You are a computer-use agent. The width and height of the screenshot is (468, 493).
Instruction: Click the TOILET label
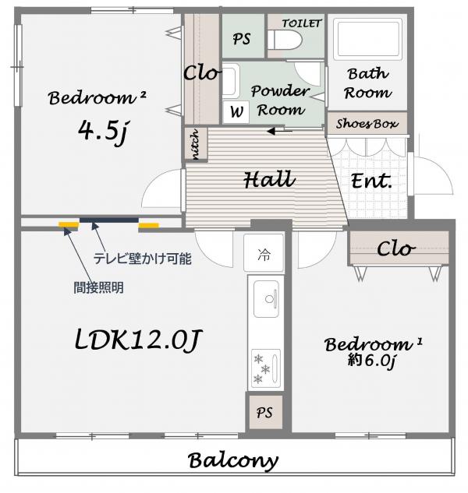tap(301, 23)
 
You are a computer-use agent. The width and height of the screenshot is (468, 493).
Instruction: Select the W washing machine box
tap(236, 111)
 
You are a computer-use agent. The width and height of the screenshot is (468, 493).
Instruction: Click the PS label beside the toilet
tap(242, 39)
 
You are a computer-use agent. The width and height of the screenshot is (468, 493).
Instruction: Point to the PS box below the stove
tap(264, 412)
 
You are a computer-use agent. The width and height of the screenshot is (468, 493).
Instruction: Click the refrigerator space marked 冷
tap(264, 253)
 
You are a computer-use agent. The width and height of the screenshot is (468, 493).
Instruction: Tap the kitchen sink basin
tap(266, 299)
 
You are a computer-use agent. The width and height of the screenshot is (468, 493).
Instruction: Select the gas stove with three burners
tap(266, 368)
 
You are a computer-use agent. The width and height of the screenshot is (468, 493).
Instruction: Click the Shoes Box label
tap(367, 124)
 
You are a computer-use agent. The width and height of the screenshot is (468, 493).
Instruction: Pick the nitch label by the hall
tap(195, 144)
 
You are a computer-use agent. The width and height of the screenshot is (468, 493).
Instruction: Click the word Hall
tap(270, 180)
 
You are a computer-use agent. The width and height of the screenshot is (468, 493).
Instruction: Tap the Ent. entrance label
tap(371, 181)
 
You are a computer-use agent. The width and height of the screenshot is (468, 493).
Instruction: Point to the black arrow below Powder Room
tap(279, 131)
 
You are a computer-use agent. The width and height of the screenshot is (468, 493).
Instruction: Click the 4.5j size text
tap(103, 132)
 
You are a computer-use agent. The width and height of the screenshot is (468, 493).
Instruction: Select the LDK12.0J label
tap(137, 340)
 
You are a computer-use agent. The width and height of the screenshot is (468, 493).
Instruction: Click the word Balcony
tap(233, 461)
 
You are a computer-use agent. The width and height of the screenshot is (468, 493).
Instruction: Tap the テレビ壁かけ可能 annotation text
tap(143, 259)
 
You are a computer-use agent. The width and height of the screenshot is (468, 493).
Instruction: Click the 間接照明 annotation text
tap(98, 287)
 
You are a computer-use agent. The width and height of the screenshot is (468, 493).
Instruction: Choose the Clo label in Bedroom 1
tap(396, 249)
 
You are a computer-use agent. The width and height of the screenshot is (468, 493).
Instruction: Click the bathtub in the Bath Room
tap(367, 39)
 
